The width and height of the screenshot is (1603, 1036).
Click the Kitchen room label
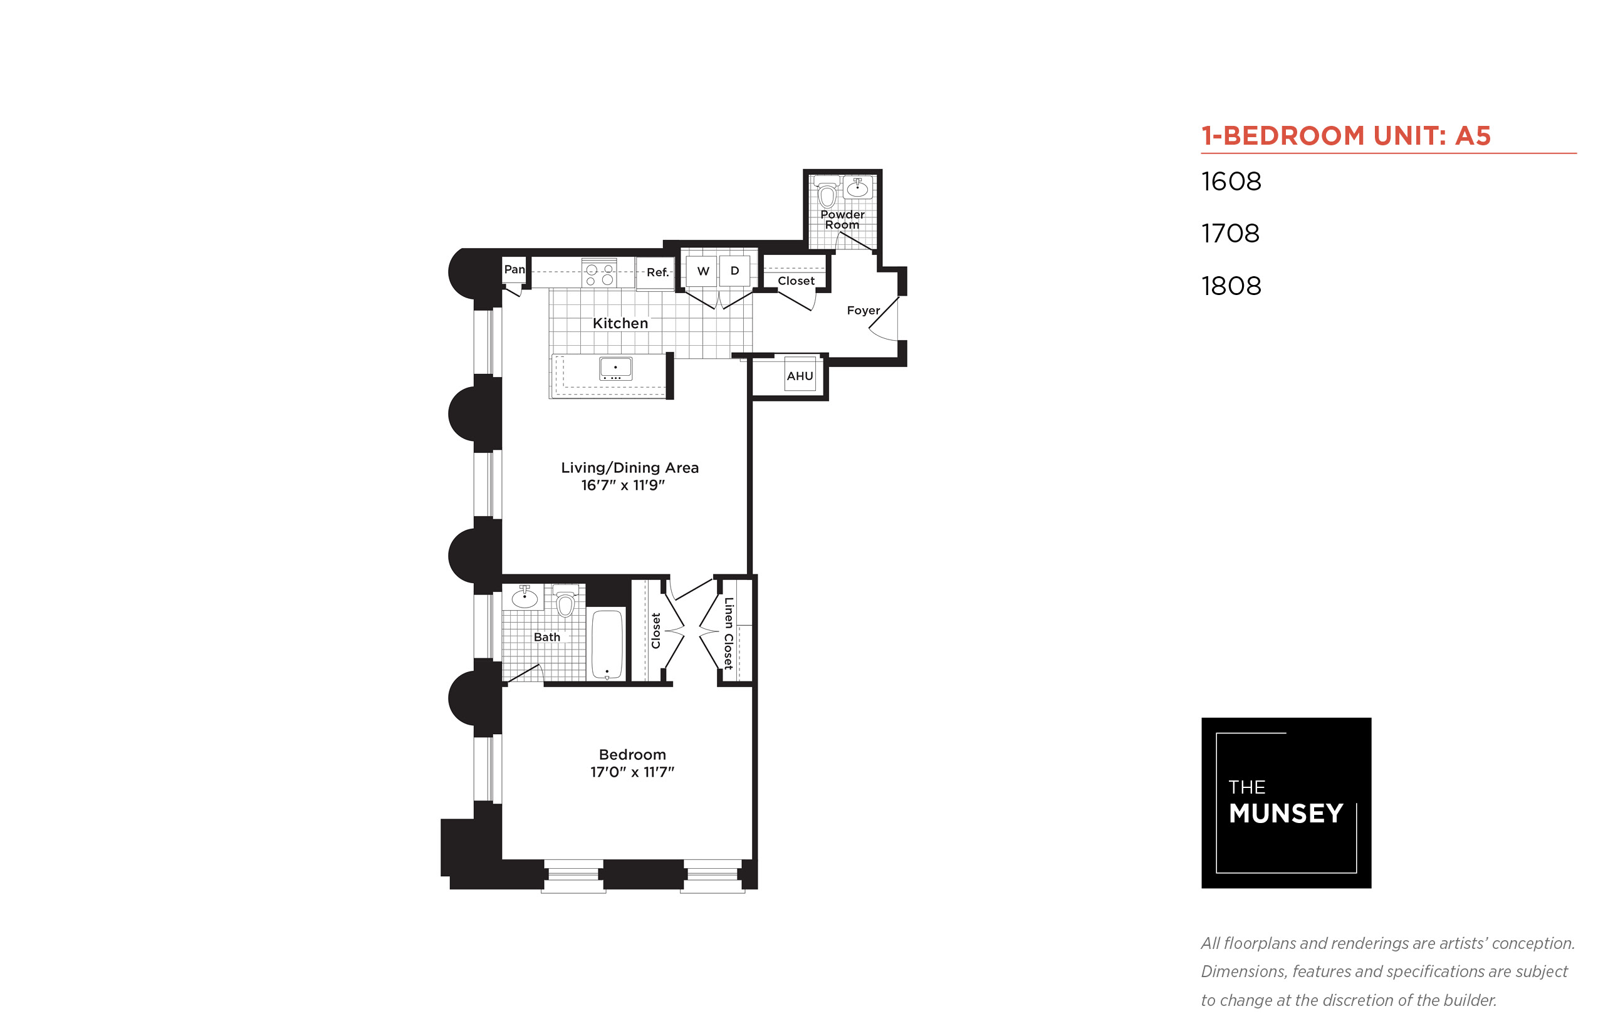(x=620, y=323)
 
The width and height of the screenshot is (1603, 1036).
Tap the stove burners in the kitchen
(x=599, y=274)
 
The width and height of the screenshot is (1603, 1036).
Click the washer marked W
(x=702, y=271)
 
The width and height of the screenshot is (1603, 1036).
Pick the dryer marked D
(x=734, y=271)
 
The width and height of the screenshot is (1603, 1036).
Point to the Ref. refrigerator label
(x=657, y=272)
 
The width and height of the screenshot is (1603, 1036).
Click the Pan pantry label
(x=514, y=269)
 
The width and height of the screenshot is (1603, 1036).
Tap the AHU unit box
(x=800, y=375)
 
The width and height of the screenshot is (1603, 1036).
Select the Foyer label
(x=863, y=310)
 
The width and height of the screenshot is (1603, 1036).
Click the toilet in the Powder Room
(x=827, y=194)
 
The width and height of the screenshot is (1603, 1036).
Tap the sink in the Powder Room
(x=857, y=187)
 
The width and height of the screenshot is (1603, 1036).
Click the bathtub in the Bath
(x=607, y=644)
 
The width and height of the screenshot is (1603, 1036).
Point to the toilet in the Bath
(x=565, y=600)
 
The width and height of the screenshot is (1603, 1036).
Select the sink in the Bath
(x=525, y=596)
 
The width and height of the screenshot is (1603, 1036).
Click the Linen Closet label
(x=728, y=633)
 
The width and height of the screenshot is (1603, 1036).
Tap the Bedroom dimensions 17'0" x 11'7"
(x=632, y=772)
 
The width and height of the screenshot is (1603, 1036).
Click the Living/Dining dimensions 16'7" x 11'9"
(x=622, y=485)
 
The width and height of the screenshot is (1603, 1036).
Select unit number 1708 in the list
(x=1230, y=234)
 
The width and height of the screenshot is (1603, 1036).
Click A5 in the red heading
(x=1473, y=136)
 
